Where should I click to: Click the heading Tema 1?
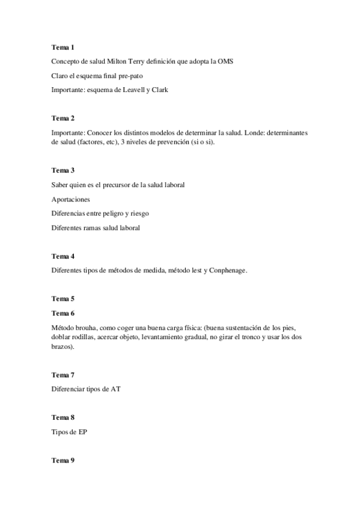pos(63,47)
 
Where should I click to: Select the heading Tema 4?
pos(63,256)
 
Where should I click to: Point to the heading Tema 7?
pos(63,374)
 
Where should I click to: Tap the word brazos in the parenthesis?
pos(63,347)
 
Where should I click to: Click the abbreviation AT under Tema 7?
pos(116,389)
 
